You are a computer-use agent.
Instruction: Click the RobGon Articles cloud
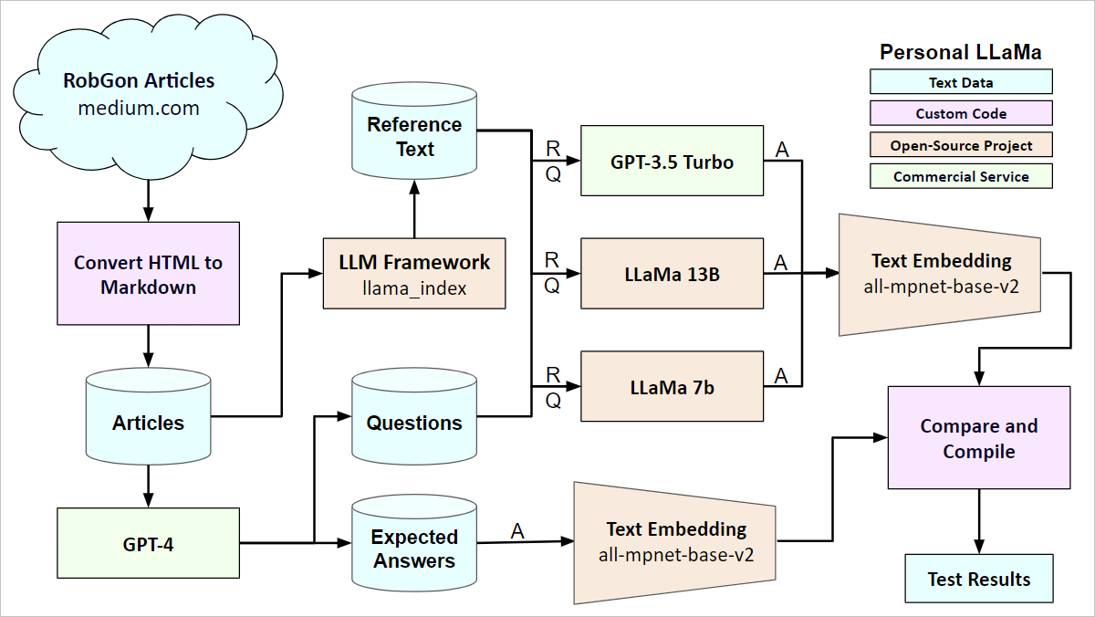(x=140, y=94)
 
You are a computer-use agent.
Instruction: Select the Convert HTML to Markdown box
(x=148, y=274)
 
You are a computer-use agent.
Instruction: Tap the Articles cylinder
(x=148, y=422)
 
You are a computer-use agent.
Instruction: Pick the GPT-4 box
(x=148, y=545)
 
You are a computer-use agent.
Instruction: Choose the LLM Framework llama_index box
(x=414, y=274)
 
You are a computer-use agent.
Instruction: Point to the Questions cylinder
(x=414, y=422)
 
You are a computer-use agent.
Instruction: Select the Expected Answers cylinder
(x=414, y=549)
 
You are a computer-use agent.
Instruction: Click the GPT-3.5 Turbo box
(x=672, y=162)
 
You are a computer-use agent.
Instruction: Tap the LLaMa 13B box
(x=672, y=273)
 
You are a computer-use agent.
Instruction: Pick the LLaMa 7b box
(x=672, y=386)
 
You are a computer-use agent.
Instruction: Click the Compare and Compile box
(x=979, y=438)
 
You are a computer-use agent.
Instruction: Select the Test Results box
(x=979, y=579)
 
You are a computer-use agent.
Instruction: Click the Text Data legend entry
(x=961, y=82)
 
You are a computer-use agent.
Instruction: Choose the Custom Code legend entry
(x=961, y=113)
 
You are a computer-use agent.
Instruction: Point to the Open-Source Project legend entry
(x=961, y=145)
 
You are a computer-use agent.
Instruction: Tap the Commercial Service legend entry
(x=961, y=177)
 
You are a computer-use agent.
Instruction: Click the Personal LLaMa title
(x=961, y=52)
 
